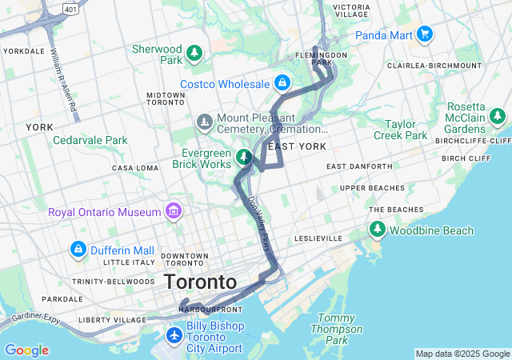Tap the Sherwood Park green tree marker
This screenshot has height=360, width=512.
pyautogui.click(x=194, y=54)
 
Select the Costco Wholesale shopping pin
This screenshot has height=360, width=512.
pyautogui.click(x=282, y=82)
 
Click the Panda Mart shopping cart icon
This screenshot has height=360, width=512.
pyautogui.click(x=425, y=34)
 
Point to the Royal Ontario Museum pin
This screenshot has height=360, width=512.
pyautogui.click(x=172, y=211)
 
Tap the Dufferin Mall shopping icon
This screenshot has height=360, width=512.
pyautogui.click(x=78, y=249)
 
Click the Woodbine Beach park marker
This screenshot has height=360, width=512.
pyautogui.click(x=377, y=230)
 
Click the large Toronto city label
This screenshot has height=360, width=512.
pyautogui.click(x=200, y=282)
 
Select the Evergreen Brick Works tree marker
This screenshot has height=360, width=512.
pyautogui.click(x=245, y=156)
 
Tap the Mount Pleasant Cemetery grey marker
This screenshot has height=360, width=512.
pyautogui.click(x=204, y=122)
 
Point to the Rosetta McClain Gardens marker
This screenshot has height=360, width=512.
pyautogui.click(x=498, y=117)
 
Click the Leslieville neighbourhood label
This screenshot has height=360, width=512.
pyautogui.click(x=318, y=238)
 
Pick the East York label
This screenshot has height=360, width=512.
pyautogui.click(x=297, y=146)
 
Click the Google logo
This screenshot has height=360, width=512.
pyautogui.click(x=26, y=350)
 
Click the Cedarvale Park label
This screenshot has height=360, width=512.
pyautogui.click(x=90, y=140)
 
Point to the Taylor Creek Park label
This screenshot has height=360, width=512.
pyautogui.click(x=400, y=130)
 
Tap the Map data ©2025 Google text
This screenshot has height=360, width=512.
pyautogui.click(x=462, y=354)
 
